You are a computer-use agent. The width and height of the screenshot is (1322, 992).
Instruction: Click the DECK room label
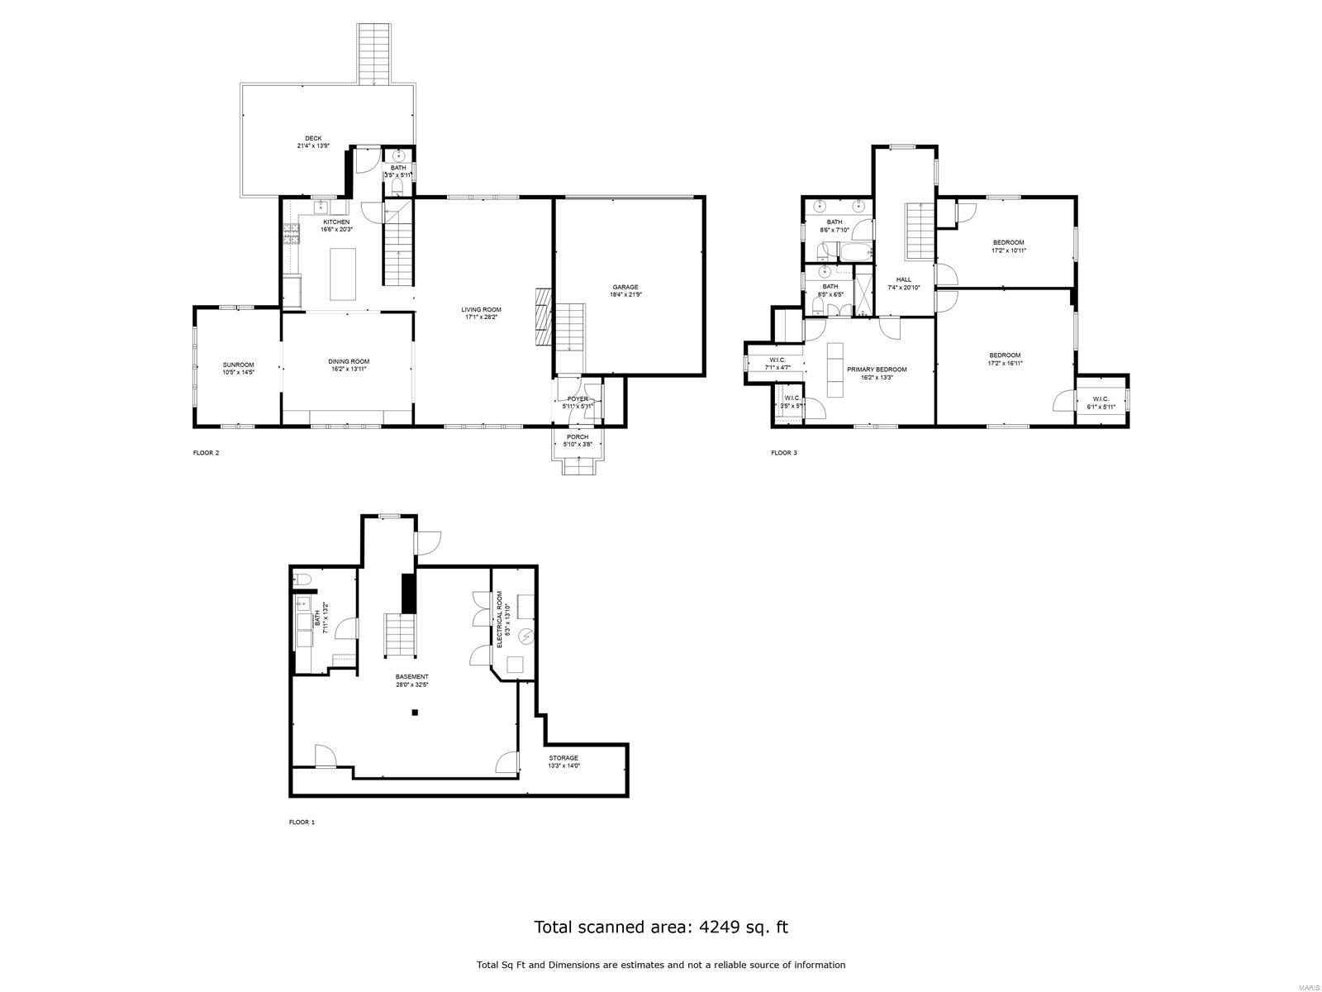click(313, 139)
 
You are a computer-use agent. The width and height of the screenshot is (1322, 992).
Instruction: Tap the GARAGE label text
click(625, 287)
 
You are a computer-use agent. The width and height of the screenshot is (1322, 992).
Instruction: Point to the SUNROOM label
click(238, 365)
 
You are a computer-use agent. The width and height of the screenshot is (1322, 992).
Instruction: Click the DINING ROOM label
click(348, 361)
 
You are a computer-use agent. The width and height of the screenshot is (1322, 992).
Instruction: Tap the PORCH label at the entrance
click(578, 436)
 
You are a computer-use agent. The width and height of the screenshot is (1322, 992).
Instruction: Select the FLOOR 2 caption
click(206, 452)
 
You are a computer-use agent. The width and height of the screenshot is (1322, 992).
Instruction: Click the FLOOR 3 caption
click(783, 452)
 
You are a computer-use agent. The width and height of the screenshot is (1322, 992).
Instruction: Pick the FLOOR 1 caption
click(302, 822)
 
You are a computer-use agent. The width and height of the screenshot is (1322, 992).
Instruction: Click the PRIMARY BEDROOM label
click(877, 370)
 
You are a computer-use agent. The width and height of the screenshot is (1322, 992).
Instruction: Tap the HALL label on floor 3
click(903, 279)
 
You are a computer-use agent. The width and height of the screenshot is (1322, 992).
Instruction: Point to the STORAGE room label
click(564, 757)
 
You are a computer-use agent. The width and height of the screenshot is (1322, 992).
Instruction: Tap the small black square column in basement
click(416, 713)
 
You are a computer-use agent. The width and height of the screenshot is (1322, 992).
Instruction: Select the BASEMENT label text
click(411, 676)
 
